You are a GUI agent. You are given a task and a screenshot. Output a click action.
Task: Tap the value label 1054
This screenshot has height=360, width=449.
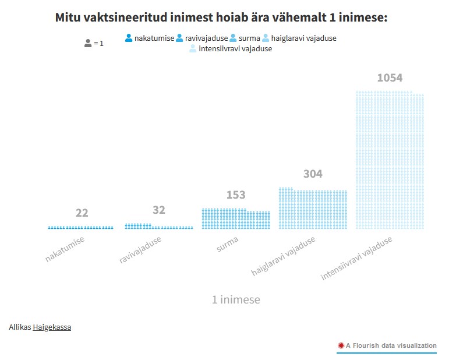(390, 78)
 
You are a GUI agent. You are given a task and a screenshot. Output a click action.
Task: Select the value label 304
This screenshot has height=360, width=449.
(313, 174)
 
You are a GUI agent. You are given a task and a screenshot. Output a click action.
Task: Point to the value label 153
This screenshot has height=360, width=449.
(236, 195)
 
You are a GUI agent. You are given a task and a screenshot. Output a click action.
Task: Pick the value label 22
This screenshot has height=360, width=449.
(82, 213)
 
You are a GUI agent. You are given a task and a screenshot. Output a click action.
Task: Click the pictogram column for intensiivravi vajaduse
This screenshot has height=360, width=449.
(390, 160)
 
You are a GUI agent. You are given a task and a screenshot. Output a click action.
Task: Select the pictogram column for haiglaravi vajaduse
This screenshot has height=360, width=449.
(313, 209)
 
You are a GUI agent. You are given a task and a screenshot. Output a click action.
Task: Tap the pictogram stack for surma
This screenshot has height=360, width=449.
(236, 219)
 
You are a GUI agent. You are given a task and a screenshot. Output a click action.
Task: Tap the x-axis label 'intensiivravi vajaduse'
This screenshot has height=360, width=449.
(356, 258)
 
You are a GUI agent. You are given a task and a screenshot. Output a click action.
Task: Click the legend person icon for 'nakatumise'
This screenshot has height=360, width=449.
(129, 38)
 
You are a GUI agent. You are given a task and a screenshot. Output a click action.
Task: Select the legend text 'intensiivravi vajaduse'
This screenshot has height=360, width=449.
(235, 49)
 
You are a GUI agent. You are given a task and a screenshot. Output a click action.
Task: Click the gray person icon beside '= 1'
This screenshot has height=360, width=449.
(88, 43)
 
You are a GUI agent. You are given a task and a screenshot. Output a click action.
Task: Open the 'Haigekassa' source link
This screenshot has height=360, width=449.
(52, 327)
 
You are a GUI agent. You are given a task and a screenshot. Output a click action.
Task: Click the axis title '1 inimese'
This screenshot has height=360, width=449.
(236, 300)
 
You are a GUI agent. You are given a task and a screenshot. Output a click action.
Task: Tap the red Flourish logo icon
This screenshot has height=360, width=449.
(341, 345)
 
